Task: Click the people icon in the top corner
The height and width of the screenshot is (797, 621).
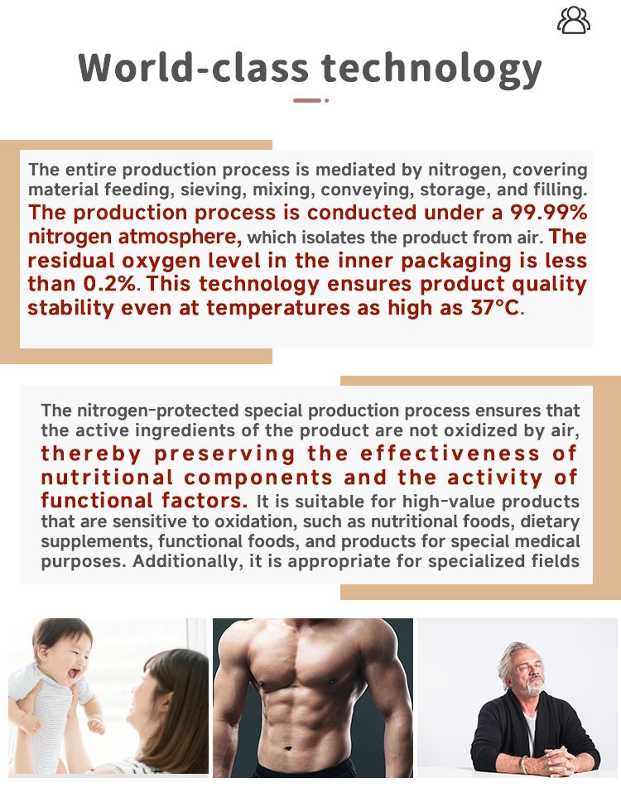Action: click(573, 20)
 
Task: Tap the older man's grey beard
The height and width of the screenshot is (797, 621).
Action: click(535, 686)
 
